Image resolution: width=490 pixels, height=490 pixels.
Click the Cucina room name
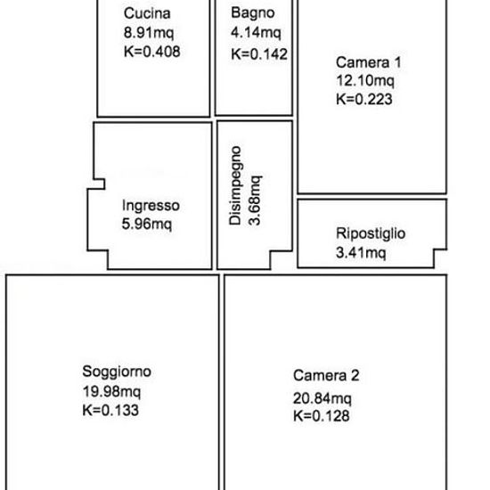(x=147, y=13)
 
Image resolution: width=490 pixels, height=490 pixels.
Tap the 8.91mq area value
(x=149, y=33)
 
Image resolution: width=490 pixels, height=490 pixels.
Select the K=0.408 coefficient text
(x=152, y=52)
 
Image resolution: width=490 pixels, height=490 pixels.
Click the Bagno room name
(x=253, y=13)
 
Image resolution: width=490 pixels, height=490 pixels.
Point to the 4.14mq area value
(x=256, y=32)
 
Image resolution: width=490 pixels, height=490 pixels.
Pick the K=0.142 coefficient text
(x=259, y=54)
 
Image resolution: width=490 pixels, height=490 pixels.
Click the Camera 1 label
(x=369, y=62)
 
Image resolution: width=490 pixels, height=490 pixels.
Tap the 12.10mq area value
(x=365, y=81)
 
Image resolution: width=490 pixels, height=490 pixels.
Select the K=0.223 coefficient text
(x=364, y=100)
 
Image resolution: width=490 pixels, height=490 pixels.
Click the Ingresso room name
(x=151, y=206)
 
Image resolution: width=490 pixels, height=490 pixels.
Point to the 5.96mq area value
(x=147, y=224)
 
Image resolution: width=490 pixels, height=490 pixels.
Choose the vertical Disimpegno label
(x=235, y=185)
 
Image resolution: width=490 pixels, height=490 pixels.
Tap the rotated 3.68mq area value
(x=255, y=200)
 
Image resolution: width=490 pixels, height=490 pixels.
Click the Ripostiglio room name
(x=371, y=233)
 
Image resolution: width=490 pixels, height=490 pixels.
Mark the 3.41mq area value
(x=361, y=252)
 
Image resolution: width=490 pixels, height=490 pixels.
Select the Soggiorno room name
(x=117, y=372)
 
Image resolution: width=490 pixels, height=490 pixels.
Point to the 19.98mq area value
(x=111, y=392)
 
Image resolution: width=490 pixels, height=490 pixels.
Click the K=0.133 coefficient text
(x=110, y=411)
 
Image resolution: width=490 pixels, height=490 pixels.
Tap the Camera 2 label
(x=326, y=375)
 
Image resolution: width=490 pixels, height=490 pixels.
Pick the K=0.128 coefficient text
(x=322, y=416)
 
